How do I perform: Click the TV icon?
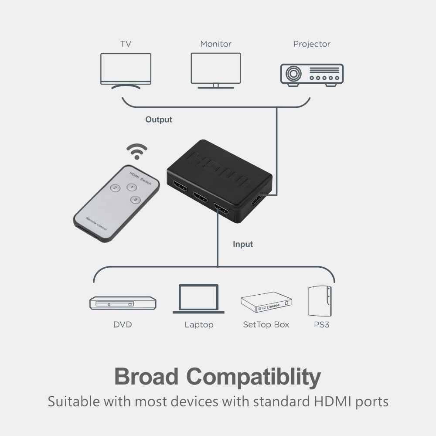click(x=126, y=71)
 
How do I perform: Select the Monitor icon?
click(x=216, y=71)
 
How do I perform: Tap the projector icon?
click(x=312, y=75)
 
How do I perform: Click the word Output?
click(x=159, y=119)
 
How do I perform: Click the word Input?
click(x=243, y=244)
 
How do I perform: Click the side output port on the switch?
click(x=256, y=200)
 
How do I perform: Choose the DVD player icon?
click(x=123, y=303)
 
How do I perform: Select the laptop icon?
click(x=198, y=299)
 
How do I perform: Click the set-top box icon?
click(x=266, y=302)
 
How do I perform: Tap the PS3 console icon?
click(x=320, y=301)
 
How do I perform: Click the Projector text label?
click(x=312, y=44)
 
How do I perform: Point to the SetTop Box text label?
click(x=266, y=324)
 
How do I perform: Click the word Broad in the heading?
click(x=146, y=376)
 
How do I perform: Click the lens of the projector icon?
click(x=293, y=74)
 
